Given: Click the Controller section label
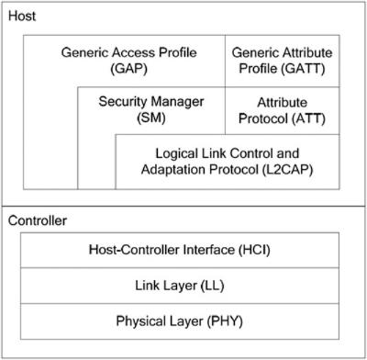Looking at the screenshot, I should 38,220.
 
